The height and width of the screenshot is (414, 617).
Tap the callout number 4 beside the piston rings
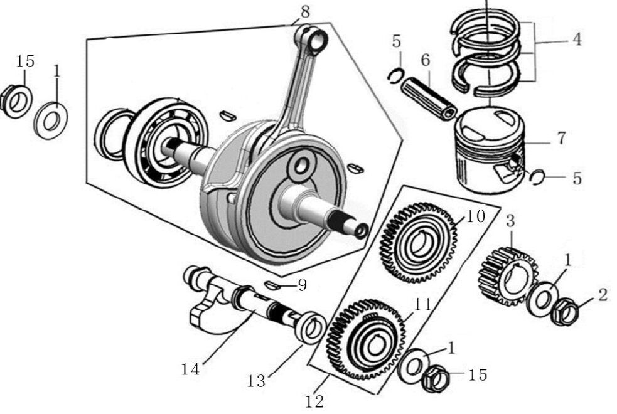pos(576,40)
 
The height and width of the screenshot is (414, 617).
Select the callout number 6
pos(425,60)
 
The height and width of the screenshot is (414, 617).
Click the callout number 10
pos(476,216)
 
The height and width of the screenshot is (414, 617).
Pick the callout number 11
pos(422,305)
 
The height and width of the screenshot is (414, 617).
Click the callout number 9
pos(302,285)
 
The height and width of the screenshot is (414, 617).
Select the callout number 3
pos(510,220)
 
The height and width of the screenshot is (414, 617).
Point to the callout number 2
pos(603,295)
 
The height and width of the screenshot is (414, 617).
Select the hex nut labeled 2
pos(564,311)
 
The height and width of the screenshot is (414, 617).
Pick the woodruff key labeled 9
pos(271,285)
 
